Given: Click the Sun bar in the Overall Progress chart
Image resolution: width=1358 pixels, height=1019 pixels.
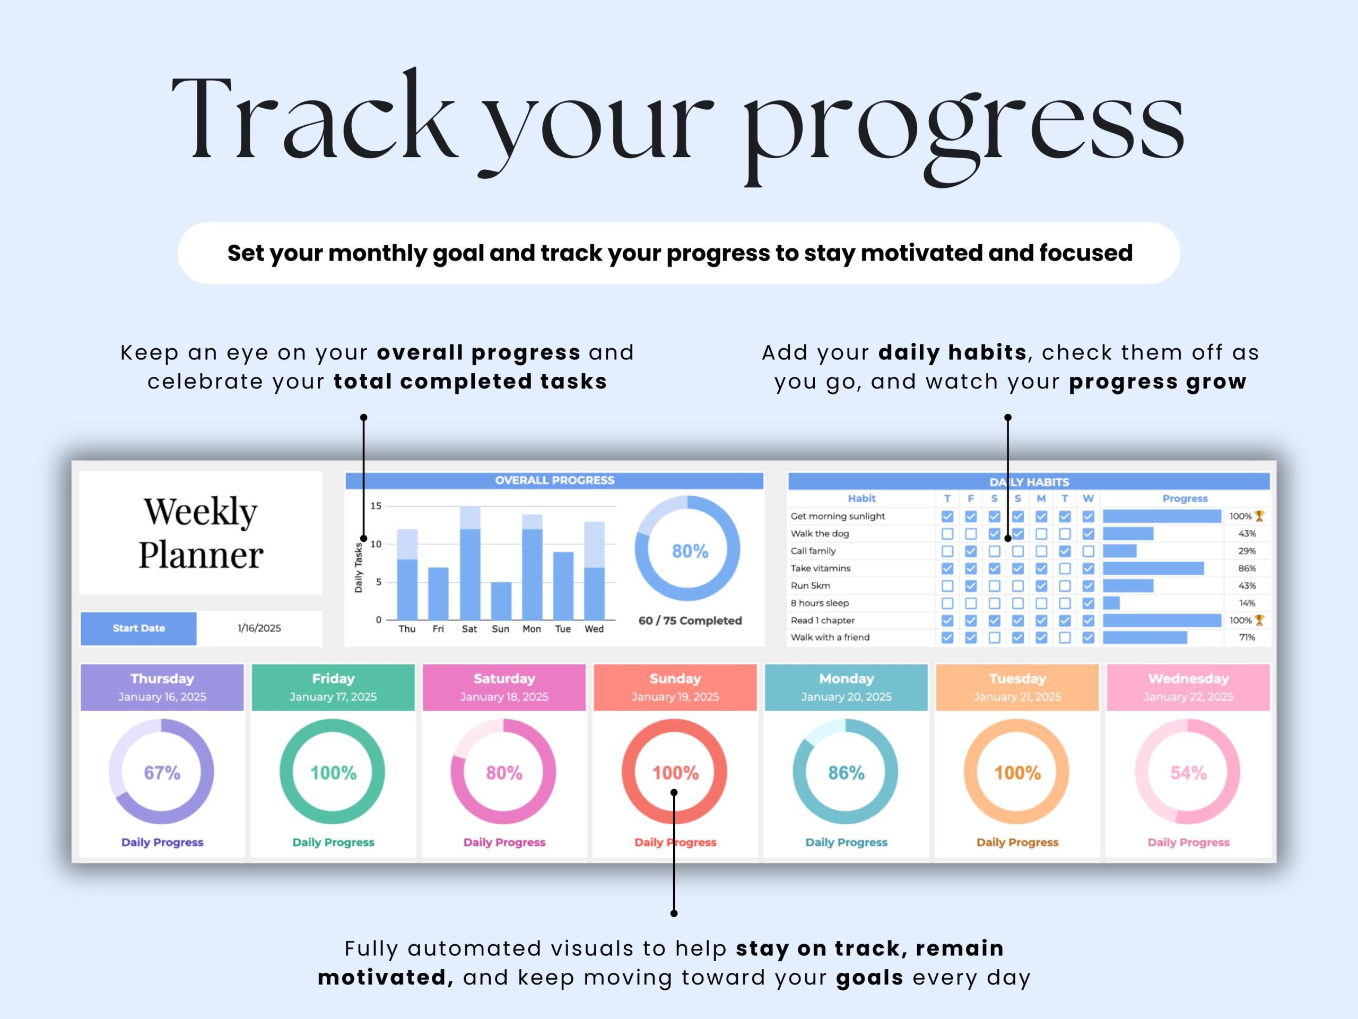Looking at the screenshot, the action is [x=501, y=601].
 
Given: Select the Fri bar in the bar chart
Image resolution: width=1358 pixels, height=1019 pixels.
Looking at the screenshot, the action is [x=438, y=593].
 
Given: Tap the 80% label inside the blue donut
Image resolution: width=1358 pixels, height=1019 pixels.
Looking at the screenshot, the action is [x=690, y=551].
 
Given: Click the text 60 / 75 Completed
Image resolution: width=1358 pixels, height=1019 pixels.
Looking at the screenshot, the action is [x=690, y=620].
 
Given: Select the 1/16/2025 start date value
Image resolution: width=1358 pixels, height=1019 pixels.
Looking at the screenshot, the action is [x=259, y=628].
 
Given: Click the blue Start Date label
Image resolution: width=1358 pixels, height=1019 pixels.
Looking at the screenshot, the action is [x=139, y=628].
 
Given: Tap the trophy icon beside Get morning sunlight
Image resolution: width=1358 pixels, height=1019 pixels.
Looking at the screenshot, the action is [x=1259, y=516].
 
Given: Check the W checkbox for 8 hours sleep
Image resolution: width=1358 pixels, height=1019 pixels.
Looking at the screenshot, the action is [x=1088, y=603].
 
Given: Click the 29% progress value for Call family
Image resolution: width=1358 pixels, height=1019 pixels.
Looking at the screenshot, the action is [x=1247, y=551].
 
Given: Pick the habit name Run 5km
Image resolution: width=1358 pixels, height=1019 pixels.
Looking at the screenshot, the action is [x=811, y=585].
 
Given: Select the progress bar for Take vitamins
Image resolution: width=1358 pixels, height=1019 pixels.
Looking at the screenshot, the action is [x=1153, y=568].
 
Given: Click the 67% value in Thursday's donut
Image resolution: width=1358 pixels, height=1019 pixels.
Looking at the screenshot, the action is [x=162, y=773].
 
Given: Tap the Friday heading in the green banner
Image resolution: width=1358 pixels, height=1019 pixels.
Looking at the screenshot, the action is [x=333, y=678].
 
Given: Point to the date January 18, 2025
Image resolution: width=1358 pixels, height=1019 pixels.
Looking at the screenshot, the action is [x=504, y=696].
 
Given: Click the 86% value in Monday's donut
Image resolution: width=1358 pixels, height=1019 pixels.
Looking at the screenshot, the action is [x=846, y=773].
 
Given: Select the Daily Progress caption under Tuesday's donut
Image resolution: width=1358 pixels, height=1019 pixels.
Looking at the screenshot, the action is [x=1017, y=842].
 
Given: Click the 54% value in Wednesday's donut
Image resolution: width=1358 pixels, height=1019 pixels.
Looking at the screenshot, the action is [x=1189, y=773].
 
